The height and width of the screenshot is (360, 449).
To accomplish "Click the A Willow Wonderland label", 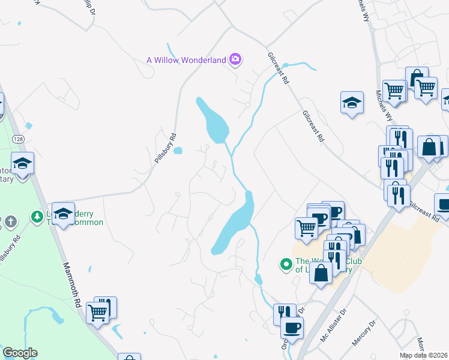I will pyautogui.click(x=186, y=59).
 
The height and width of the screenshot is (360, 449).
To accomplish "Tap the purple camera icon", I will pyautogui.click(x=235, y=59).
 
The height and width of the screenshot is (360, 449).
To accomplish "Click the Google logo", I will pyautogui.click(x=20, y=353).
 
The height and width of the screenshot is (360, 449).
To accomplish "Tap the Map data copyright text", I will pyautogui.click(x=424, y=355).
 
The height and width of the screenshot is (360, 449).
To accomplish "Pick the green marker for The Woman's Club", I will pyautogui.click(x=286, y=263).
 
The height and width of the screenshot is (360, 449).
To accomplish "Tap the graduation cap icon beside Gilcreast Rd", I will pyautogui.click(x=352, y=101).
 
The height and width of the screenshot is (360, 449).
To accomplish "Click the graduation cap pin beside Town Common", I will pyautogui.click(x=62, y=214).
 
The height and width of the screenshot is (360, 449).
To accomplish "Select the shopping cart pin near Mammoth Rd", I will pyautogui.click(x=97, y=311).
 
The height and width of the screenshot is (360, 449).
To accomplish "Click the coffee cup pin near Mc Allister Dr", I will pyautogui.click(x=292, y=328).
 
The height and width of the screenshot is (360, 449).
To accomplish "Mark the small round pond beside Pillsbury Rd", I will pyautogui.click(x=178, y=151).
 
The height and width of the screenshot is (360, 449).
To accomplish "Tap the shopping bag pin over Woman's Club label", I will pyautogui.click(x=321, y=273).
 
